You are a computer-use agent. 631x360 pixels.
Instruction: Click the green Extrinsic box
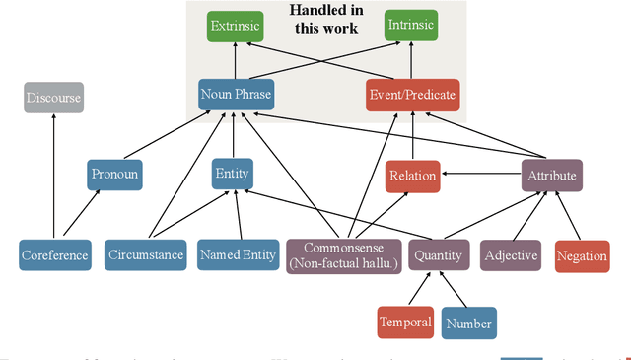[236, 27]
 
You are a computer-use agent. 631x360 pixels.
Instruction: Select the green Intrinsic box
[411, 27]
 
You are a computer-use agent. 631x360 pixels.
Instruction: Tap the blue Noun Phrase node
[235, 95]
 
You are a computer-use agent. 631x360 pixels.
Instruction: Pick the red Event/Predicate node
[411, 95]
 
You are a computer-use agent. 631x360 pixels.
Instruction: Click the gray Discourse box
[53, 97]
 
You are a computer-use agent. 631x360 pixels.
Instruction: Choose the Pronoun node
[115, 175]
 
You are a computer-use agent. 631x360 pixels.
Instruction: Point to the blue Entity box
[232, 175]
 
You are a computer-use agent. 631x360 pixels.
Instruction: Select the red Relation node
[412, 176]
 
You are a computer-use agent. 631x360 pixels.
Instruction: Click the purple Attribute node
[551, 176]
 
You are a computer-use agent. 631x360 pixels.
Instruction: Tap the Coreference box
[54, 255]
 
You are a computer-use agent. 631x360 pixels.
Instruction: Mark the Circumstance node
[145, 255]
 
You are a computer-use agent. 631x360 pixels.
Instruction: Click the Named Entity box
[238, 255]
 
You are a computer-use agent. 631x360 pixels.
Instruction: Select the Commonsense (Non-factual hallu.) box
[344, 255]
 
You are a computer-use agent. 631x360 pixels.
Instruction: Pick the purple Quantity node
[437, 255]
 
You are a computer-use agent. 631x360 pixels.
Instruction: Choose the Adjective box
[511, 255]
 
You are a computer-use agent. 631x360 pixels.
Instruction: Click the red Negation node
[582, 255]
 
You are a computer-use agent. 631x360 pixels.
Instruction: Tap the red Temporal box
[405, 322]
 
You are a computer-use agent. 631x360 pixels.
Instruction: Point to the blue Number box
[467, 323]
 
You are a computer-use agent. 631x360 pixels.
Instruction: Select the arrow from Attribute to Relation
[480, 176]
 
